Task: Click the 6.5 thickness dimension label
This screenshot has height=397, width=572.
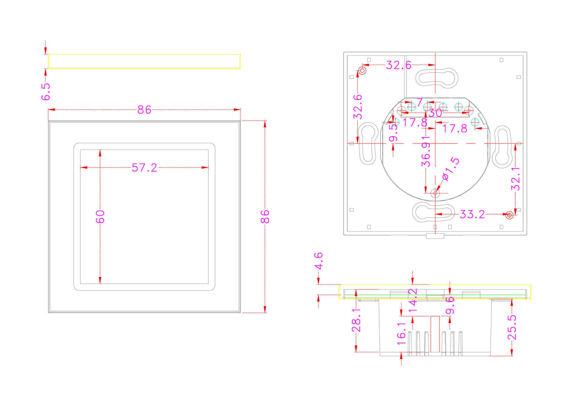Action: [x=46, y=92]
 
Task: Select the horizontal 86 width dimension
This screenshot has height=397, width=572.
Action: [x=144, y=110]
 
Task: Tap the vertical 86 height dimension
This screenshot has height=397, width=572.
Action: [x=265, y=216]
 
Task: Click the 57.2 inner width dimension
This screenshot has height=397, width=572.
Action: [x=144, y=168]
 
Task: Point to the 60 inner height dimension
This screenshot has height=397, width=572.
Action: [x=100, y=216]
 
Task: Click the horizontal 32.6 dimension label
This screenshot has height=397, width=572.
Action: [x=398, y=65]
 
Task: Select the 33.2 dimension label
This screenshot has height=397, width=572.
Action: [x=472, y=215]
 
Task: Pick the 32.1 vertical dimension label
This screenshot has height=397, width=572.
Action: [x=515, y=178]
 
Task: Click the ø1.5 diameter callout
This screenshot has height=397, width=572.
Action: [x=451, y=169]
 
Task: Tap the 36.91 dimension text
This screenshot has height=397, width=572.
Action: [x=426, y=151]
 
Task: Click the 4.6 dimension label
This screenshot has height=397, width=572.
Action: [x=318, y=261]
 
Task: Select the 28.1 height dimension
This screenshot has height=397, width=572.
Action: [x=356, y=320]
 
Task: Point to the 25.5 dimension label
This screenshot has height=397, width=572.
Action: [x=512, y=328]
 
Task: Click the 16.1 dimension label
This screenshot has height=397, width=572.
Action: [x=401, y=334]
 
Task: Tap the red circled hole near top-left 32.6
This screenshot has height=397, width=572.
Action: [x=362, y=70]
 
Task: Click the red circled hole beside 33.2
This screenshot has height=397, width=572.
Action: [x=509, y=215]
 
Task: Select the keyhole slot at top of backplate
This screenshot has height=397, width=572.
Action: [x=437, y=77]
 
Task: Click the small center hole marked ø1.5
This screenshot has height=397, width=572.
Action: [x=435, y=193]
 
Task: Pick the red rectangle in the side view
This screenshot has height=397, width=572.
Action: [x=435, y=334]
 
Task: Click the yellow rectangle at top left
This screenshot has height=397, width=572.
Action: [x=144, y=61]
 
